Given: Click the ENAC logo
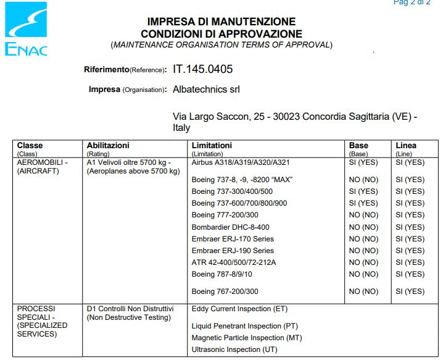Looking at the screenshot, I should point(26,28).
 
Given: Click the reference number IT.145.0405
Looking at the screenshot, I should point(203,69).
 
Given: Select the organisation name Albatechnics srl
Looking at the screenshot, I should point(206,90).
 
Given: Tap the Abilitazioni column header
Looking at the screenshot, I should point(108,146).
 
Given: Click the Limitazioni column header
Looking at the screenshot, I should point(212,146).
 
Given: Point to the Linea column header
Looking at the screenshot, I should point(406,146).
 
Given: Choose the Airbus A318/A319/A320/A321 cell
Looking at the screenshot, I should point(241,162).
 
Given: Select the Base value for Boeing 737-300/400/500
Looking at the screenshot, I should point(363,191).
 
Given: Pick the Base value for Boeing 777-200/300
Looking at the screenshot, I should point(363,215).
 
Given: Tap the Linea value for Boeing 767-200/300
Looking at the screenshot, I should point(410,291).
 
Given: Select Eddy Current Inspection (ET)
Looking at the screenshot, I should point(239,309).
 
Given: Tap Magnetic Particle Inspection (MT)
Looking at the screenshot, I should point(247,338).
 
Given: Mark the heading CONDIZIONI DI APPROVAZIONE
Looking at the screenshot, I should point(221,34).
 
